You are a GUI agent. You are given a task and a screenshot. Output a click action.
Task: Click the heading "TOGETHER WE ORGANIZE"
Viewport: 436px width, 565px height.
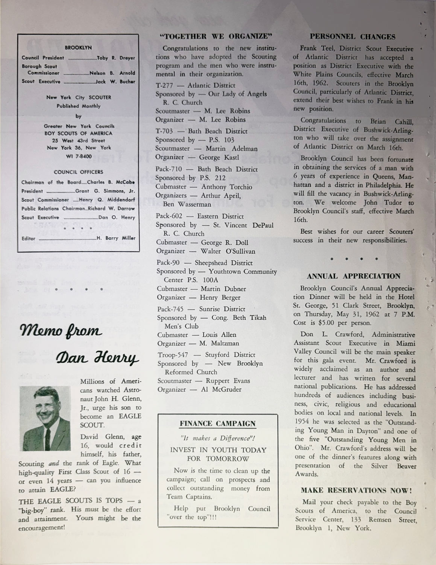(x=216, y=37)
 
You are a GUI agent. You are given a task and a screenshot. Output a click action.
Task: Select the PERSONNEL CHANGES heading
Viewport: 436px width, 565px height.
(x=352, y=37)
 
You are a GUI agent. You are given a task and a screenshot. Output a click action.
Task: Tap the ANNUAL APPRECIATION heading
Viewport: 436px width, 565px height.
(x=354, y=276)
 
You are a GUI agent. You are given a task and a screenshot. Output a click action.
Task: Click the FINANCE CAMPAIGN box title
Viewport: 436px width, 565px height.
(x=218, y=423)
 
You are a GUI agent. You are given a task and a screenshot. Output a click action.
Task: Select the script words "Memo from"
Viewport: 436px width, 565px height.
(x=60, y=331)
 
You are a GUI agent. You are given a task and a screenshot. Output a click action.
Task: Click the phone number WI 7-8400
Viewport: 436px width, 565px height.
(x=79, y=156)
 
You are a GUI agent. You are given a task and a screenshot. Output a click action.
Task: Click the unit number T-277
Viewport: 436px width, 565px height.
(x=164, y=86)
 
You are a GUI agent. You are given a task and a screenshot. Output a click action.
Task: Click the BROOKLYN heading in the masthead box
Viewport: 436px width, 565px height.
(x=78, y=48)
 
